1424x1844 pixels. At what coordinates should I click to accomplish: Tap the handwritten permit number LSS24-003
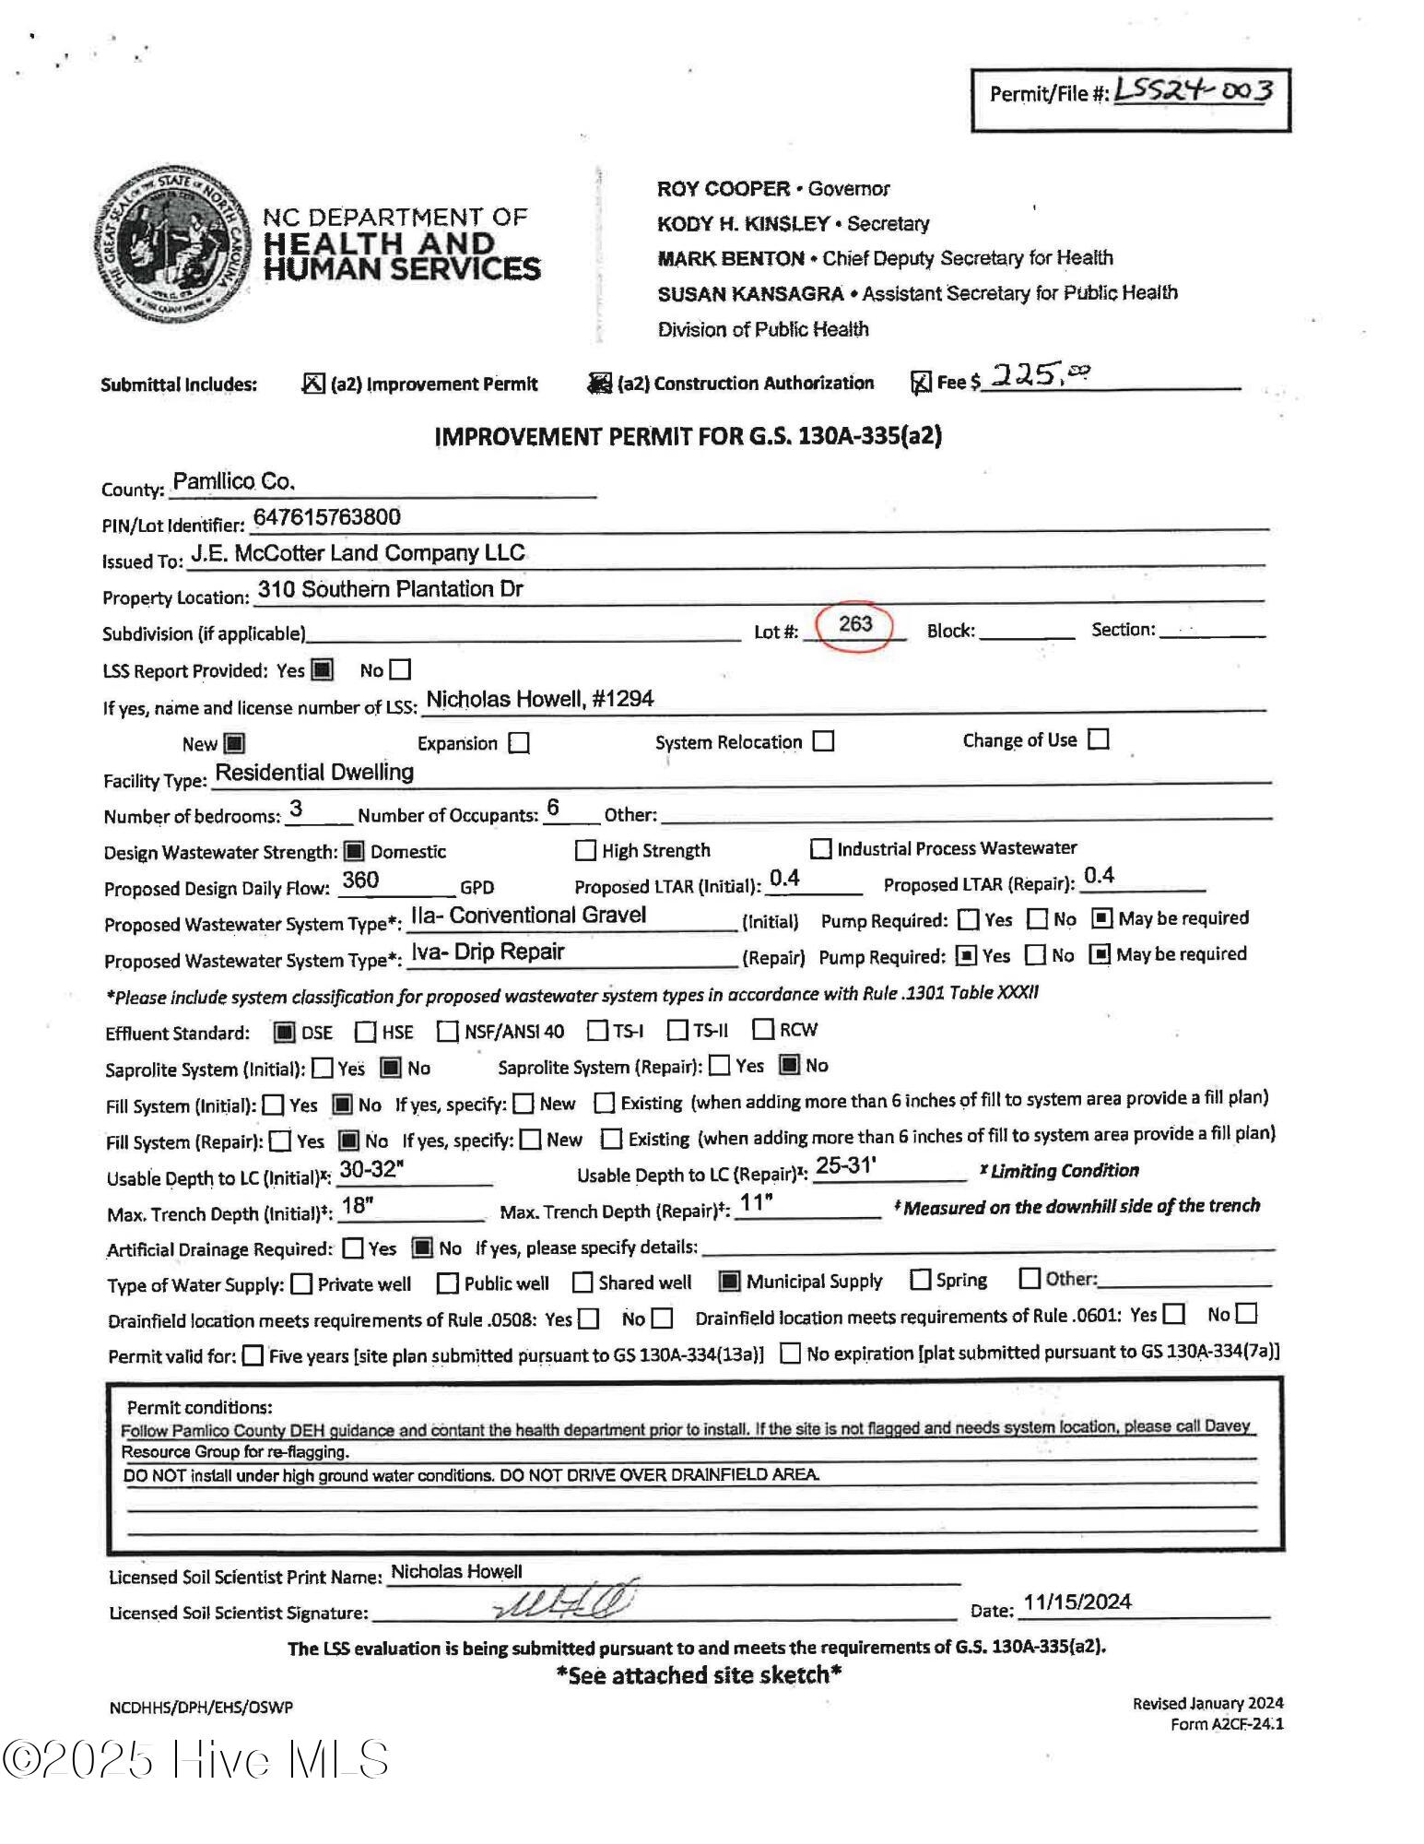pos(1194,90)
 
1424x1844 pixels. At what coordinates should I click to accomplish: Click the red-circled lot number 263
pos(855,624)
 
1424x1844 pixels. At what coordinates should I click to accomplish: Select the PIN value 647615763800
pos(326,517)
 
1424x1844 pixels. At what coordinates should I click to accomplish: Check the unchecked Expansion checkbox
pos(520,743)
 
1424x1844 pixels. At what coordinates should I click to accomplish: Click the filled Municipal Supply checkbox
pos(729,1281)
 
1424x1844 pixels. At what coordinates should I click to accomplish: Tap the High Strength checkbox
pos(585,849)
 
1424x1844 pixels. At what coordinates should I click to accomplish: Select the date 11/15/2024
pos(1077,1602)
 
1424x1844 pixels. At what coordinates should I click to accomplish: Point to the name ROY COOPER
pos(723,189)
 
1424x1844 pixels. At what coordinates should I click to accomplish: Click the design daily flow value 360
pos(359,881)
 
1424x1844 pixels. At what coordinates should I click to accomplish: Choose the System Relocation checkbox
pos(824,741)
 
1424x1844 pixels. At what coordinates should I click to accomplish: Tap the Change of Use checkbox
pos(1098,739)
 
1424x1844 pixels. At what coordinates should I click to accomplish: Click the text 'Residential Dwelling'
pos(314,773)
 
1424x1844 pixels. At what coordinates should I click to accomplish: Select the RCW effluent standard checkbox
pos(763,1028)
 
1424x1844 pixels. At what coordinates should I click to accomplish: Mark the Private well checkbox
pos(301,1283)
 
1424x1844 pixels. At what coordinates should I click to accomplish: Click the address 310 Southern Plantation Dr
pos(390,589)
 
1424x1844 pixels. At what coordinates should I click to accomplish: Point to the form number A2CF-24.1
pos(1226,1724)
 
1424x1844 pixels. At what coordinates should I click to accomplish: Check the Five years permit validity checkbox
pos(253,1355)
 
